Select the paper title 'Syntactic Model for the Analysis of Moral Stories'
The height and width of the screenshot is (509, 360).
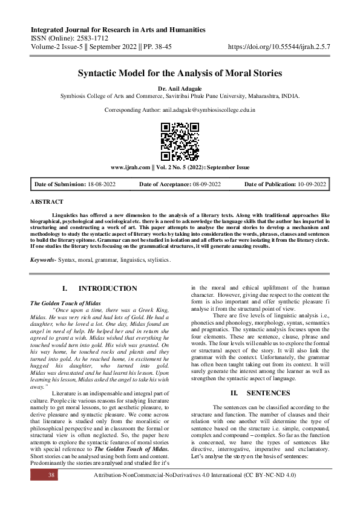coord(180,74)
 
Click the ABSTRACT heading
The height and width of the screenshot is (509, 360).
coord(47,201)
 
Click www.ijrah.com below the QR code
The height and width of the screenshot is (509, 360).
coord(130,167)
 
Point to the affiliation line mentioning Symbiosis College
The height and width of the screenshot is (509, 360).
coord(180,96)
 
